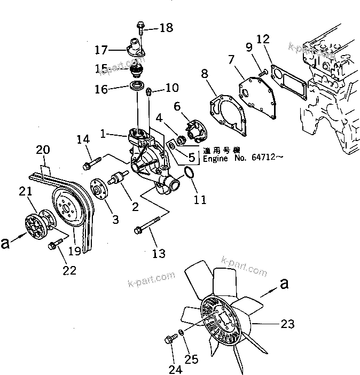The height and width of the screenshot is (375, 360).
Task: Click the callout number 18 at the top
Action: [166, 27]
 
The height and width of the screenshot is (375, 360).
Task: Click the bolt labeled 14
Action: [92, 161]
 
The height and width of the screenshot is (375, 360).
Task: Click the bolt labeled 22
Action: [53, 245]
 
